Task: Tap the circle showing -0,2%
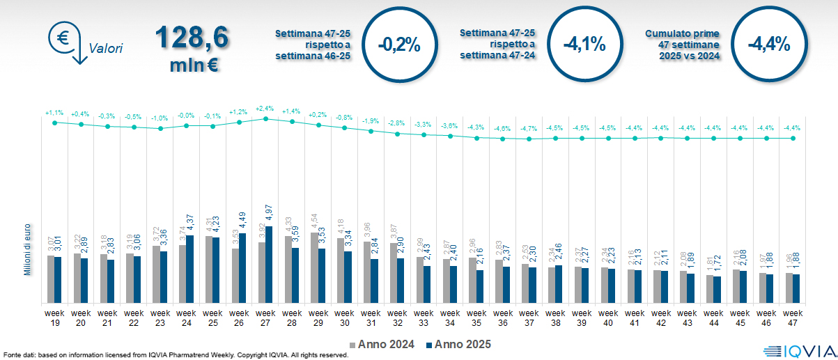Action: [x=398, y=44]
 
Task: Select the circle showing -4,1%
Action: [x=584, y=44]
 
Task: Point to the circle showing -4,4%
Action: [x=768, y=44]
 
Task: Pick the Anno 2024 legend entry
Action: [x=382, y=344]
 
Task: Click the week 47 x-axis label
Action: [x=792, y=318]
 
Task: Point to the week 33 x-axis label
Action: [x=424, y=318]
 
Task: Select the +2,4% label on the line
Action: [x=265, y=109]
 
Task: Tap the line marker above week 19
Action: [x=54, y=123]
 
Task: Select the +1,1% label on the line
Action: [x=54, y=112]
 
